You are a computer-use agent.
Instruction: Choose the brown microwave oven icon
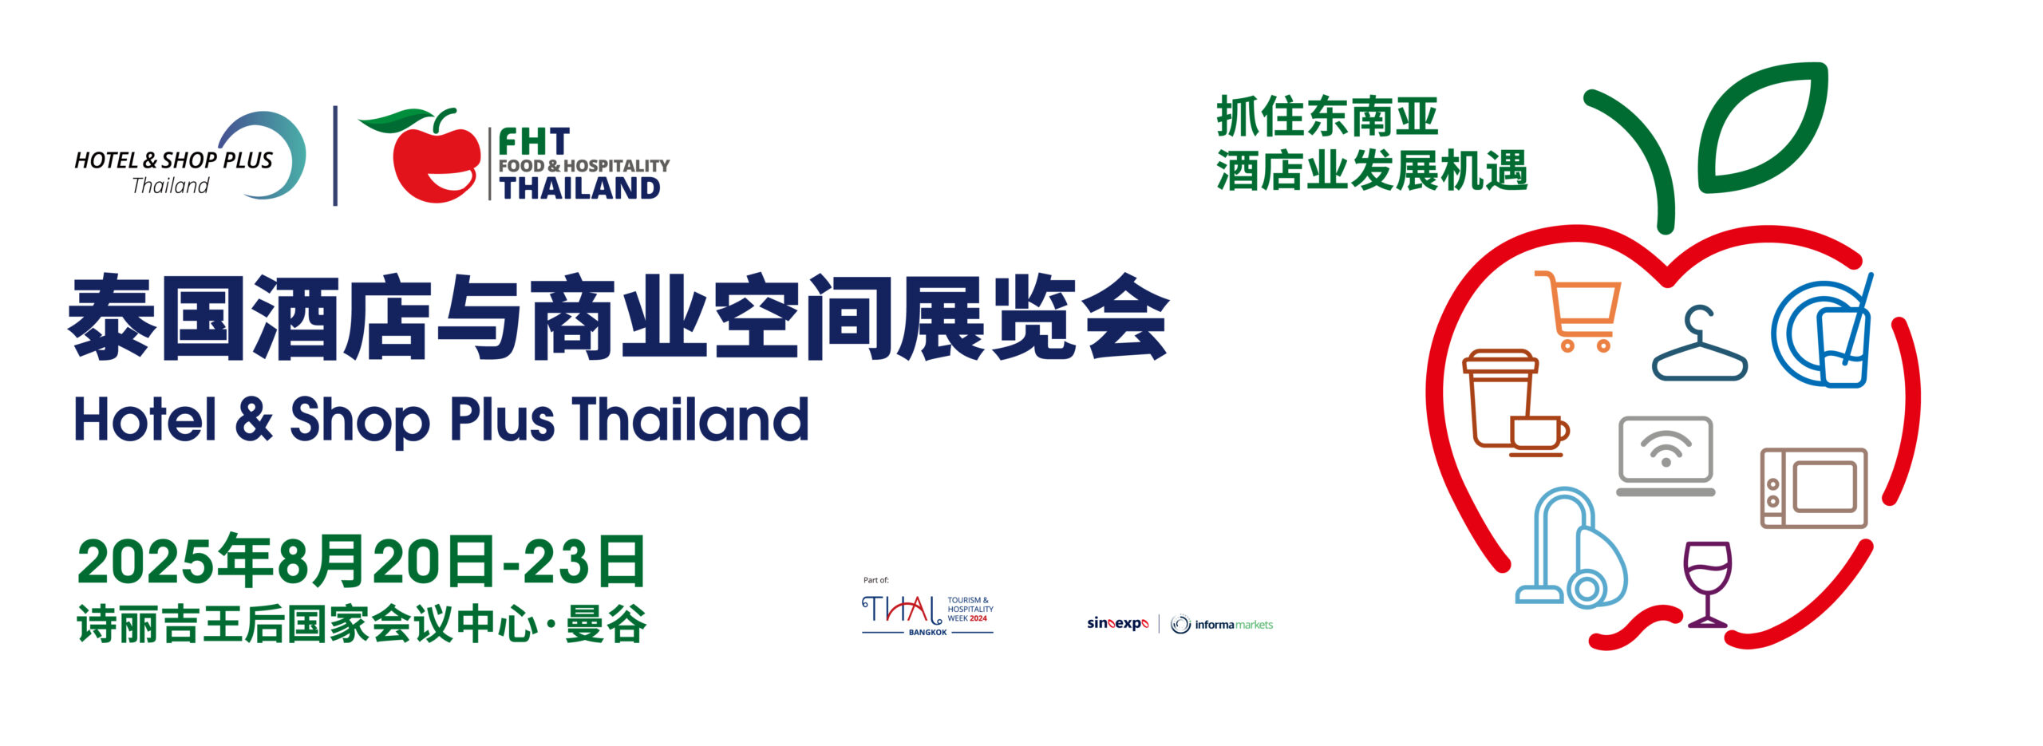coord(1813,487)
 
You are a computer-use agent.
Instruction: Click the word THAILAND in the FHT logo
coord(579,188)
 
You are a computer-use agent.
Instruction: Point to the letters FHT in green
coord(534,142)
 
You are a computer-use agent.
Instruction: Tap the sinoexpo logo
coord(1117,624)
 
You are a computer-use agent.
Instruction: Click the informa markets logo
coord(1222,624)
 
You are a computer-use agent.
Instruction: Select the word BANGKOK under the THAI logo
coord(927,632)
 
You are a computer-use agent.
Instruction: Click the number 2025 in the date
coord(147,562)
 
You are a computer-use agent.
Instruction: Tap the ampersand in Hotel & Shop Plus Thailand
coord(254,420)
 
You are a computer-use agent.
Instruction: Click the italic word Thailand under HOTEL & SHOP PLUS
coord(170,186)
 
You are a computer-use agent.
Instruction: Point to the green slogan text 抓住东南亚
coord(1326,116)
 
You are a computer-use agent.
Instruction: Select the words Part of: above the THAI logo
coord(875,580)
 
